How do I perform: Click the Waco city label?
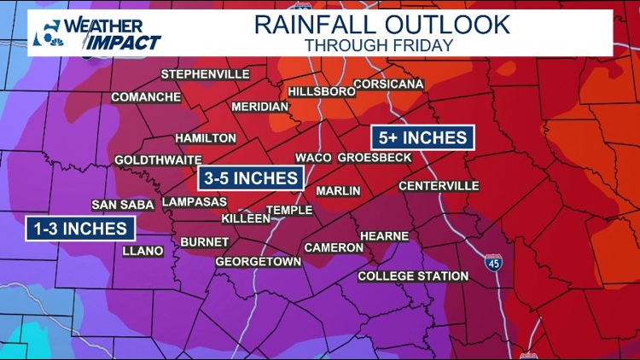pyautogui.click(x=313, y=158)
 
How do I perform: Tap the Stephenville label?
pyautogui.click(x=205, y=74)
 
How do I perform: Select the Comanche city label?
pyautogui.click(x=145, y=97)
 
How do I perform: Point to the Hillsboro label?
pyautogui.click(x=321, y=91)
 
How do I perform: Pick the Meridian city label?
pyautogui.click(x=259, y=107)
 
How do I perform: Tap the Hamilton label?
pyautogui.click(x=206, y=138)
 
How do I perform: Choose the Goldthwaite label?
pyautogui.click(x=158, y=160)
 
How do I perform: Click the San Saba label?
pyautogui.click(x=123, y=205)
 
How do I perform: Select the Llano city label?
pyautogui.click(x=142, y=251)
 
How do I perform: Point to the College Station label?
pyautogui.click(x=413, y=276)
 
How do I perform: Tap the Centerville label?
pyautogui.click(x=439, y=186)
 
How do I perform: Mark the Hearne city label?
pyautogui.click(x=384, y=235)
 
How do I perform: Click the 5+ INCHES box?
pyautogui.click(x=422, y=137)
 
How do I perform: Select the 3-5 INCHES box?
pyautogui.click(x=252, y=177)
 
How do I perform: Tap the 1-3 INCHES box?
pyautogui.click(x=81, y=228)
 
